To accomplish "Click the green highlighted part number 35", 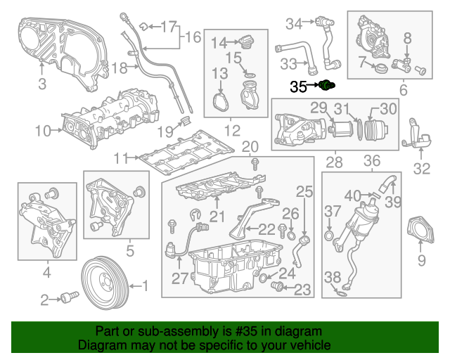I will pyautogui.click(x=326, y=86).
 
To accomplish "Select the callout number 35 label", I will pyautogui.click(x=299, y=86).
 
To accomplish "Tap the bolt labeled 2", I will pyautogui.click(x=67, y=298).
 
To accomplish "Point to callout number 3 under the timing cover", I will pyautogui.click(x=42, y=85).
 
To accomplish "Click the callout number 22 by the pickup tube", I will pyautogui.click(x=267, y=229).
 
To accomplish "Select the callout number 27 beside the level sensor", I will pyautogui.click(x=181, y=278).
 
